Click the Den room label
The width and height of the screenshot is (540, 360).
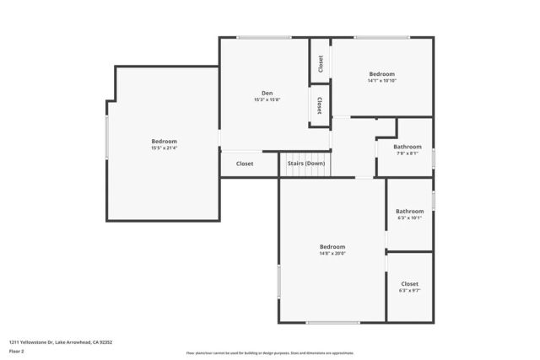point(267,93)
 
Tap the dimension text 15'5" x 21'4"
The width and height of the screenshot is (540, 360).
point(164,148)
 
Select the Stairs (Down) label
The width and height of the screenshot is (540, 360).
point(306,163)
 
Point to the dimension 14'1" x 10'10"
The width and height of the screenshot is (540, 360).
point(381,81)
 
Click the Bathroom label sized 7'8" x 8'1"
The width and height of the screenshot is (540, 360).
point(408,147)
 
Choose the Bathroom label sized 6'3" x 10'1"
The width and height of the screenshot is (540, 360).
point(410,211)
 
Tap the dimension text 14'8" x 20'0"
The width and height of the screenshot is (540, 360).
point(332,253)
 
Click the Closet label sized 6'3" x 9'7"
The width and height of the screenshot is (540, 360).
point(409,284)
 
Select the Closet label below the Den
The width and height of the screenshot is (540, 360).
point(245,164)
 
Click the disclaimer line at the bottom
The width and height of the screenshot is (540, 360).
point(270,353)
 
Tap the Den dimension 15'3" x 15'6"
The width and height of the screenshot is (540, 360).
point(267,99)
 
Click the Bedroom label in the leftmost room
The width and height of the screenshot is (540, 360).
point(164,141)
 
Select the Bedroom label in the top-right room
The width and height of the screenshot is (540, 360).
point(381,74)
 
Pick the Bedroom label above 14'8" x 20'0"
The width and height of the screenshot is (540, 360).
point(332,246)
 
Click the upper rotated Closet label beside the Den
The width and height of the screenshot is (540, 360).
point(321,63)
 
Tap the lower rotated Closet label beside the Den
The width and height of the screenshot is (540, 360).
point(319,105)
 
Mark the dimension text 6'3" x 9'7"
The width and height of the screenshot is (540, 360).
point(409,291)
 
